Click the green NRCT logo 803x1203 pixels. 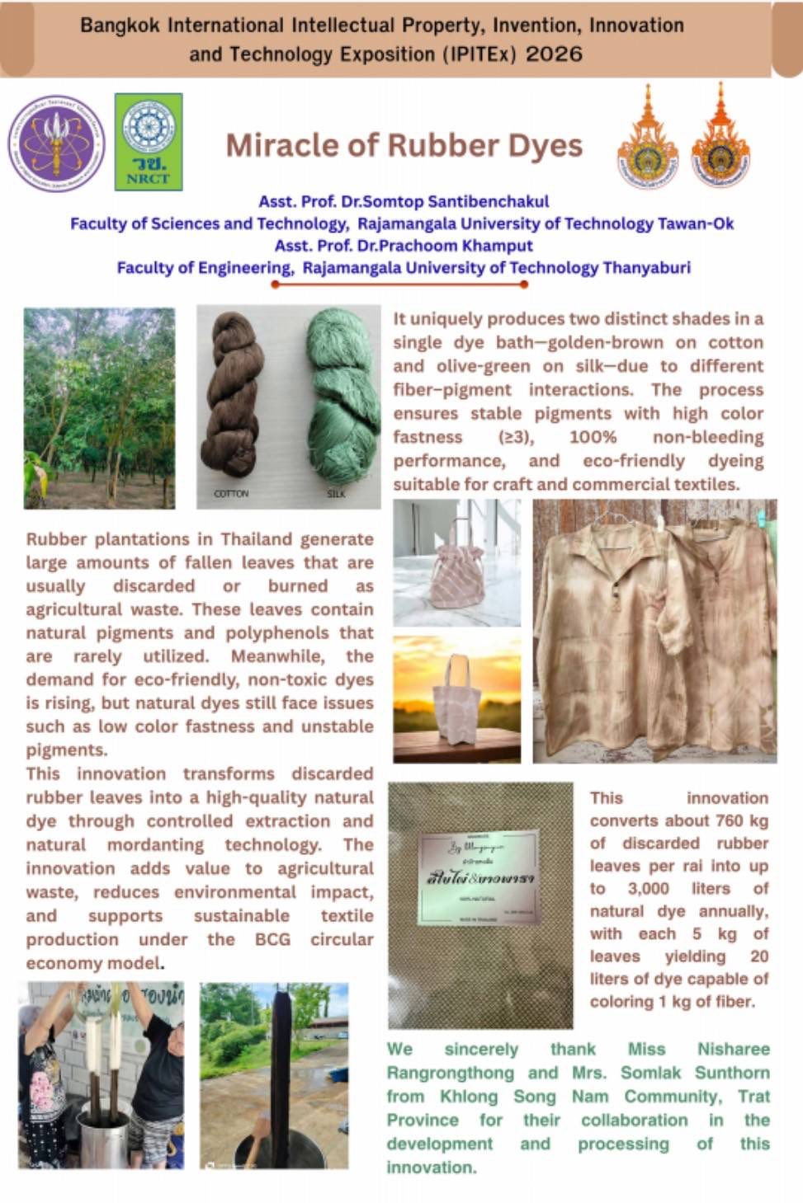pos(148,142)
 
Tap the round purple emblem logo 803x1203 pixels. pos(56,143)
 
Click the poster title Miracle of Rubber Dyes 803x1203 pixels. pos(404,146)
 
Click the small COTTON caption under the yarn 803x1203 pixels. pos(231,494)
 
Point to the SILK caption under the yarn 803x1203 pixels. pos(336,494)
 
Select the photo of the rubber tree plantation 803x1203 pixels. pos(99,407)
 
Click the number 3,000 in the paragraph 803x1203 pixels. pos(648,888)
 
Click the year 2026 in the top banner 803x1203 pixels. pos(554,54)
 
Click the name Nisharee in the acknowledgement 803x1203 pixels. pos(733,1049)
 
